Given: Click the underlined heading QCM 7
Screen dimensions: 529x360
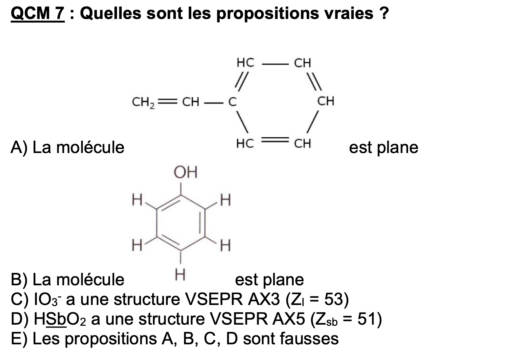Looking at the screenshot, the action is point(38,14).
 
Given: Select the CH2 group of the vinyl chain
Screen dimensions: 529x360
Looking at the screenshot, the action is point(143,102).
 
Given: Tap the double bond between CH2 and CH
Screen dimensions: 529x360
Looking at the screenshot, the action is point(167,102).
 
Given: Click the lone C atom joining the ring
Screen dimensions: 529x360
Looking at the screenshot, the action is point(232,102).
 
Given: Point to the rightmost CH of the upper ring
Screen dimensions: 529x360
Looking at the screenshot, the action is point(326,101).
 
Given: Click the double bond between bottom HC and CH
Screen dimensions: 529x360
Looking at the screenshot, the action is point(275,140).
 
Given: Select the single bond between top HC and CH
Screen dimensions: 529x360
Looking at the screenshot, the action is point(275,64).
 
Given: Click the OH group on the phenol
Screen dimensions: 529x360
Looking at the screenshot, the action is point(185,172).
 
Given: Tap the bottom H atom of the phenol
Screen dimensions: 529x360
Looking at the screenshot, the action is point(180,275).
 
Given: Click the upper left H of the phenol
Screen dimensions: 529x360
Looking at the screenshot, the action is point(137,200).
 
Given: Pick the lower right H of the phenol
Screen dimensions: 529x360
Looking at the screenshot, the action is point(225,246).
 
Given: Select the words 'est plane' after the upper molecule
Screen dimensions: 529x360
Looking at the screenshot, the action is point(384,148).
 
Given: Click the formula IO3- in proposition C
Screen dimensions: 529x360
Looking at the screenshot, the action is point(48,300).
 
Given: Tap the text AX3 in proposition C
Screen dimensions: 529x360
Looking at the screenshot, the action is point(264,299).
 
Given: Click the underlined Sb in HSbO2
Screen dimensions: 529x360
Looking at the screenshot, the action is point(56,319).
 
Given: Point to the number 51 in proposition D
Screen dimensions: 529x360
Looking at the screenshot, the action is point(366,319).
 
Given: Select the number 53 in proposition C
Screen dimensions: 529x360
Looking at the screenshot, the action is point(333,299).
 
